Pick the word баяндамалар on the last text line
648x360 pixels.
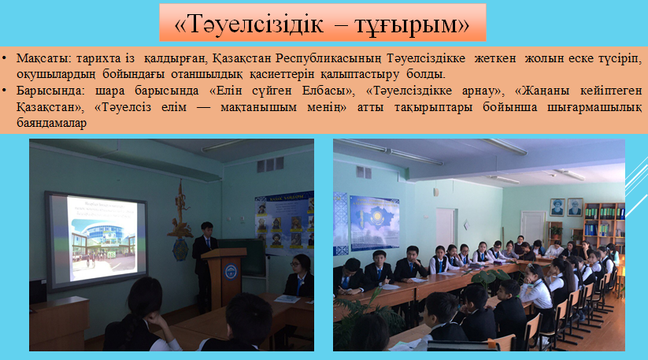click(x=52, y=123)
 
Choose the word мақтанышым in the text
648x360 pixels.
click(x=259, y=107)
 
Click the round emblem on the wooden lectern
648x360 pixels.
click(x=231, y=271)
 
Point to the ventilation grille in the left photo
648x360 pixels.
click(x=270, y=165)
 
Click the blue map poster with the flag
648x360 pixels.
click(x=375, y=223)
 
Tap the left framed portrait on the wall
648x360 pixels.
click(x=557, y=207)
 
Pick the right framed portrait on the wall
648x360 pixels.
click(x=575, y=207)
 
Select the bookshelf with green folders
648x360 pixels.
click(x=604, y=223)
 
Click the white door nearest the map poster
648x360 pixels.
click(x=445, y=229)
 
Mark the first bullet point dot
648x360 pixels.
click(x=4, y=59)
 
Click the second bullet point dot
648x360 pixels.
click(x=4, y=91)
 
